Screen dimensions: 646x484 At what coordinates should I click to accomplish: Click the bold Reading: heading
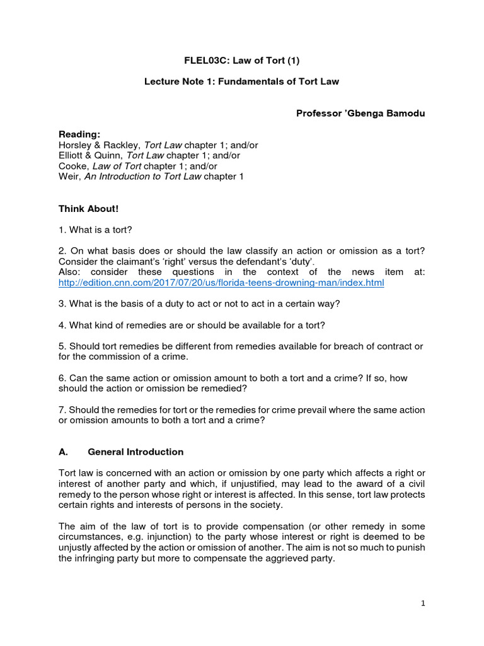[79, 134]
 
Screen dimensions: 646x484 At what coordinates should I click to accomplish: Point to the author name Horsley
[76, 145]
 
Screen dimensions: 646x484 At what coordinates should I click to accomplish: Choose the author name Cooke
[73, 166]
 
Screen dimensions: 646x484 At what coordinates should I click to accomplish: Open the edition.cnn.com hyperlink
[221, 283]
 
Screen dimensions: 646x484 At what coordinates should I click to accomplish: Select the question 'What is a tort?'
[101, 229]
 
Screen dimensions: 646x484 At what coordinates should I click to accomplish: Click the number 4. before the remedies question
[62, 326]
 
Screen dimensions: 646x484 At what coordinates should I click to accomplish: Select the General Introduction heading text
[135, 452]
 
